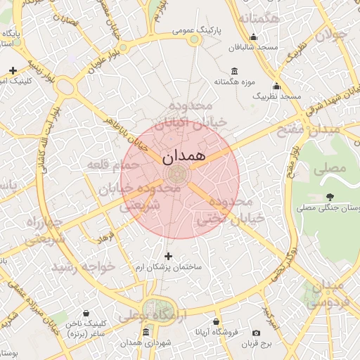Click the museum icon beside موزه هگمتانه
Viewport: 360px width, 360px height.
(234, 70)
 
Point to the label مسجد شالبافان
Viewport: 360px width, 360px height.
(253, 48)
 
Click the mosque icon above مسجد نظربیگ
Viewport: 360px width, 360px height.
(276, 86)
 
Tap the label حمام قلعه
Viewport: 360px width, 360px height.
(108, 164)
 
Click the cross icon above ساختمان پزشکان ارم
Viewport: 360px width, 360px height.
(167, 256)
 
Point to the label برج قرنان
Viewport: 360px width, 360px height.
(256, 343)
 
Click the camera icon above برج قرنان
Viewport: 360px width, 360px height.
(256, 332)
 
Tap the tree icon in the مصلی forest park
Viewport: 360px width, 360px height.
(330, 198)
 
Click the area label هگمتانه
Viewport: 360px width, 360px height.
(260, 18)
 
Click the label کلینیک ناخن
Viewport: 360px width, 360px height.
(86, 324)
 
